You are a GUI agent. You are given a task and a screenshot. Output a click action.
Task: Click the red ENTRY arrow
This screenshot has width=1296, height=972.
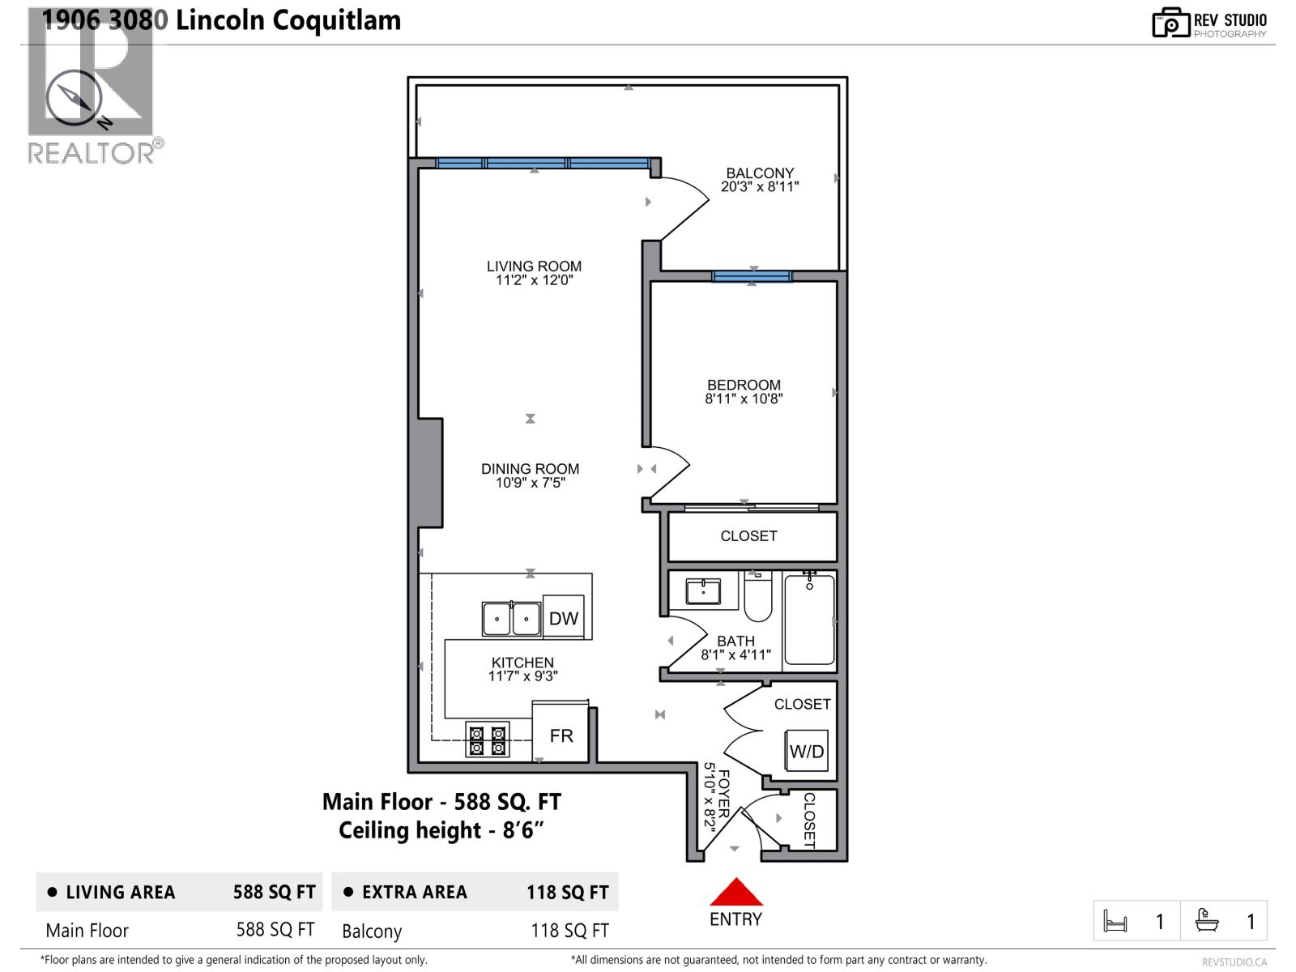(x=736, y=892)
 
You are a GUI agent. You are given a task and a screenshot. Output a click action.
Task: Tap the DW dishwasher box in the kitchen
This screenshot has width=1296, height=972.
(x=563, y=618)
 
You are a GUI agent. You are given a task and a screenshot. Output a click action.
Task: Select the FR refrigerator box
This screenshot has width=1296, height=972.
(x=561, y=735)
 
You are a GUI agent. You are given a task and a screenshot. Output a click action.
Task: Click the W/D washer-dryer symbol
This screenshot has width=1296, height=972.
(x=806, y=751)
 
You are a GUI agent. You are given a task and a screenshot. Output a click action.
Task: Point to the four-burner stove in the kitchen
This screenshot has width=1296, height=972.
(x=488, y=739)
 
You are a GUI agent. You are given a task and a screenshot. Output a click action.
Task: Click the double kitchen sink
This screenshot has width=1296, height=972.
(x=511, y=620)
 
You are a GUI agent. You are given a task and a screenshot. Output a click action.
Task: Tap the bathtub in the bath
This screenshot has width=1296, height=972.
(x=809, y=620)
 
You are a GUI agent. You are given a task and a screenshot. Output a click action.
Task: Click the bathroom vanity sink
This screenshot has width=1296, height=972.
(x=703, y=591)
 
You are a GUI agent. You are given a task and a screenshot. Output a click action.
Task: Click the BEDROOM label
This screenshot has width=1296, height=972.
(x=744, y=385)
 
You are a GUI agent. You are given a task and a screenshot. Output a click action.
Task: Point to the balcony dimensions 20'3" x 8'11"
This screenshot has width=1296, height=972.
(x=760, y=186)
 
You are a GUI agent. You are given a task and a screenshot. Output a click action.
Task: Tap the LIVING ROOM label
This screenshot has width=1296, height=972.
(x=534, y=266)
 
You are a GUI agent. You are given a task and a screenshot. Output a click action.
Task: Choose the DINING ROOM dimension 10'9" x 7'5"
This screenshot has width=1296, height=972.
(x=530, y=483)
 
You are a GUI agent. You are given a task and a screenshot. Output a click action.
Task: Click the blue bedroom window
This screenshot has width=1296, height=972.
(x=752, y=276)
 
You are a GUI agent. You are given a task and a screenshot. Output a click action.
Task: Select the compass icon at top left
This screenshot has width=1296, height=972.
(x=74, y=98)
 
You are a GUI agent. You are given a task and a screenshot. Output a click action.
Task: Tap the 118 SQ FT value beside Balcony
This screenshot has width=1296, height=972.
(x=569, y=931)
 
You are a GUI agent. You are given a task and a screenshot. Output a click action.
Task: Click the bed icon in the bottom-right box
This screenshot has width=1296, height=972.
(x=1115, y=921)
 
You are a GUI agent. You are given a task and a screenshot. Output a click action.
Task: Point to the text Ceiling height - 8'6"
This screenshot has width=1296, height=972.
(x=441, y=830)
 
